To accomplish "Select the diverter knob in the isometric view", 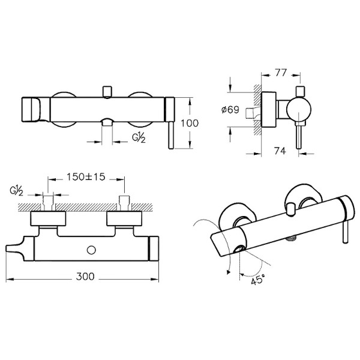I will click(x=292, y=209).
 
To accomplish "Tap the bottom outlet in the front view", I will click(x=107, y=124).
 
